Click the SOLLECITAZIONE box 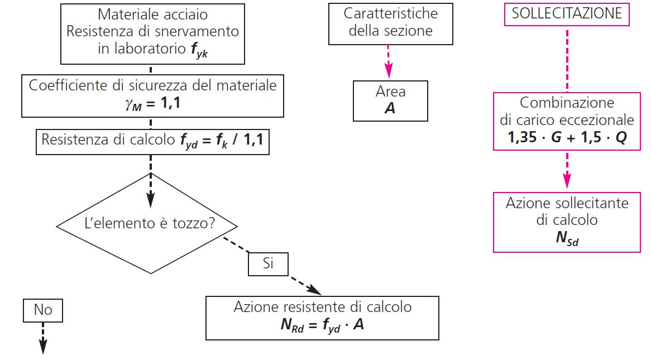567,13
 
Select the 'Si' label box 268,263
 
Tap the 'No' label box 43,310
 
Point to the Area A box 390,100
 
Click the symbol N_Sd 567,238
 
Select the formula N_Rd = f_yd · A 322,324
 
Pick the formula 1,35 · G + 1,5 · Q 567,137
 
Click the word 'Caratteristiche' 391,13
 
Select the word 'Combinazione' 567,103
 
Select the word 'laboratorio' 147,49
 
